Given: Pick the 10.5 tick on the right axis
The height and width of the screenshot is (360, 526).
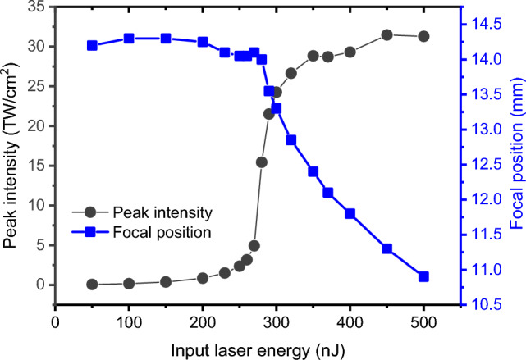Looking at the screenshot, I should click(x=486, y=304).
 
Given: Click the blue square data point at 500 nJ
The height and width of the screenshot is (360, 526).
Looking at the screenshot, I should click(x=424, y=276).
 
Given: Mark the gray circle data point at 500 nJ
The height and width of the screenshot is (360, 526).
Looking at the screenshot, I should click(x=424, y=36).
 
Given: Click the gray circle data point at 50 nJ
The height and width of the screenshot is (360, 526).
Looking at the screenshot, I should click(x=92, y=285).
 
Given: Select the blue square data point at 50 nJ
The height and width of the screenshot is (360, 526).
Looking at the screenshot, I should click(x=92, y=45).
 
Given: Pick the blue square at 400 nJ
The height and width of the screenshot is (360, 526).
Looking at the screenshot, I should click(x=350, y=213).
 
